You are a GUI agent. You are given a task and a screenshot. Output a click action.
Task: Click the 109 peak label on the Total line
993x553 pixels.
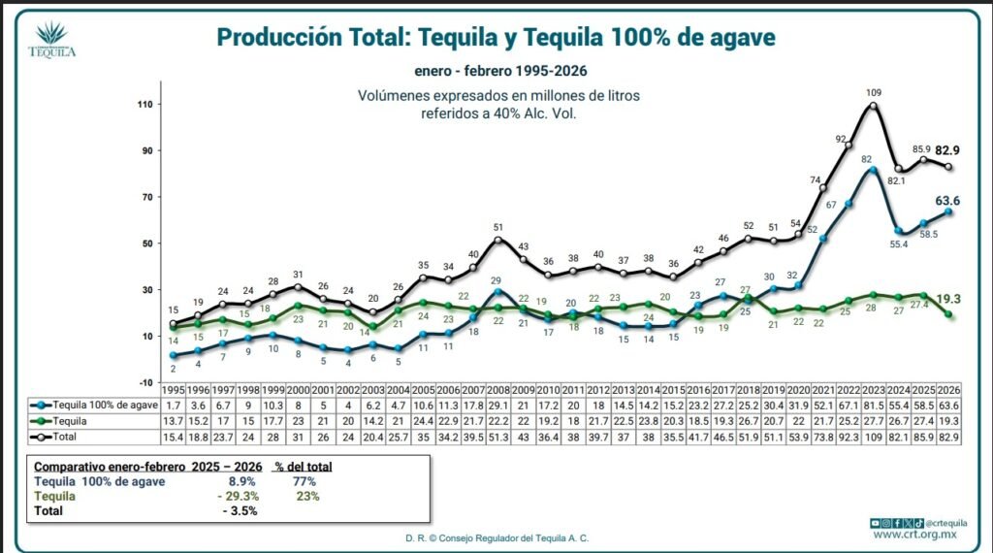874,93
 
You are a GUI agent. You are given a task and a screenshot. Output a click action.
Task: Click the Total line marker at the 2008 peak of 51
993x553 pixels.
498,240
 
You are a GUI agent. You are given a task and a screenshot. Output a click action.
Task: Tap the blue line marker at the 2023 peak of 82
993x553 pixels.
874,170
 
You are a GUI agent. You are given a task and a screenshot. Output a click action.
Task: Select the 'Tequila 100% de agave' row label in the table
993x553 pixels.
92,403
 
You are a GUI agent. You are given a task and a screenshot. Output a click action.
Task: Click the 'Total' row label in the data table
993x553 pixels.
59,439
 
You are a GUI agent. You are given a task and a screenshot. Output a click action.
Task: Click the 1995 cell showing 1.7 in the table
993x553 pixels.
173,403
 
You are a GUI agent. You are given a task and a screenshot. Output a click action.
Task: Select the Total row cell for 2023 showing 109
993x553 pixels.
874,439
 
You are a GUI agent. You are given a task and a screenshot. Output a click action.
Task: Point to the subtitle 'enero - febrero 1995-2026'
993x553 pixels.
496,71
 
